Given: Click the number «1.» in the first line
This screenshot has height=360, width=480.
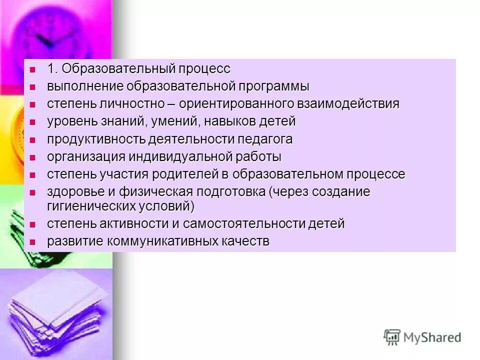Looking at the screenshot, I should [53, 68].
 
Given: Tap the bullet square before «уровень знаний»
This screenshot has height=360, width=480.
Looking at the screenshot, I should [33, 122].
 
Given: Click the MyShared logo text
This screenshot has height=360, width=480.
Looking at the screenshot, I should [432, 337].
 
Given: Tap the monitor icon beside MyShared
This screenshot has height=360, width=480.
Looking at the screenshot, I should [392, 337].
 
